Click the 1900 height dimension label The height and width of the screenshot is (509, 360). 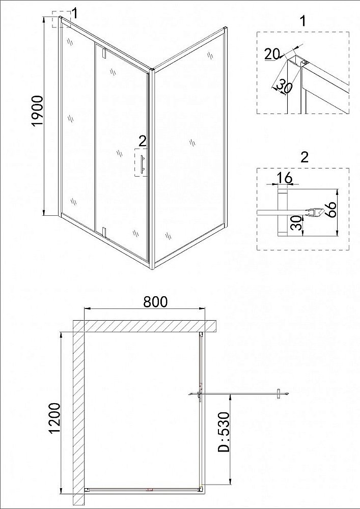(41, 117)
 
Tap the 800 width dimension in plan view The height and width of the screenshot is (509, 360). (155, 302)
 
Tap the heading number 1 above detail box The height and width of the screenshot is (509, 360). (303, 21)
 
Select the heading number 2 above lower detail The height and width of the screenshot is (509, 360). (304, 157)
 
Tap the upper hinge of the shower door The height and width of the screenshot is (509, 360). (103, 52)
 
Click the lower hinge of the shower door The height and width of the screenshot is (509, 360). (103, 232)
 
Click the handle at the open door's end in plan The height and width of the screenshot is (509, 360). (279, 393)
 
